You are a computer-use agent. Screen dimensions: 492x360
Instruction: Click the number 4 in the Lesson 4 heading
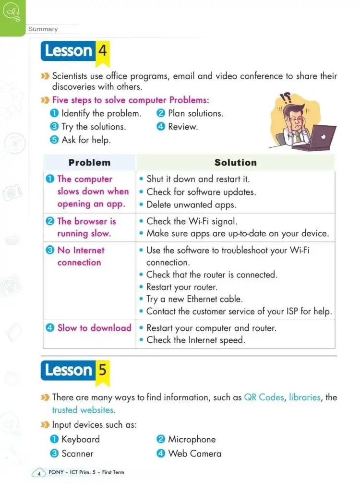tap(102, 50)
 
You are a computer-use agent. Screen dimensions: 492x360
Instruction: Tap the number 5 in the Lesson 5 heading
tap(102, 370)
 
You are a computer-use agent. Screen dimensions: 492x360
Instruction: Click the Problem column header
tap(89, 162)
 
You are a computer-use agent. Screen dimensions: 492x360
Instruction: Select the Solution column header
tap(235, 162)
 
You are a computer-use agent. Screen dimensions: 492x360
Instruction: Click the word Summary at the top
tap(43, 29)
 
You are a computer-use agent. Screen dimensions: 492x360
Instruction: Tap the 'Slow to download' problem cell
tap(94, 328)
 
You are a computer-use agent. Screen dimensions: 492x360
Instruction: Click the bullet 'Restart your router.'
tap(181, 287)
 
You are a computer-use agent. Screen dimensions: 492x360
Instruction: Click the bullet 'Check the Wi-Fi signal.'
tap(192, 221)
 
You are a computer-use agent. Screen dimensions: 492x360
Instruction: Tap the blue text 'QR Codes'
tap(264, 397)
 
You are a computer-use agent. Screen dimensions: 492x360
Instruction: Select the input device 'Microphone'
tap(192, 439)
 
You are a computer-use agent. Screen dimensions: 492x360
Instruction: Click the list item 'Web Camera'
tap(194, 454)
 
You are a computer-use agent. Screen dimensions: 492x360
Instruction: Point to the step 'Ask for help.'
tap(86, 140)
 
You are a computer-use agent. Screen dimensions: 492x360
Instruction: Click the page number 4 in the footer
tap(38, 473)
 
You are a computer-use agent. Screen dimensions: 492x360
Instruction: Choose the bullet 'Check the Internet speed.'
tap(195, 340)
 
